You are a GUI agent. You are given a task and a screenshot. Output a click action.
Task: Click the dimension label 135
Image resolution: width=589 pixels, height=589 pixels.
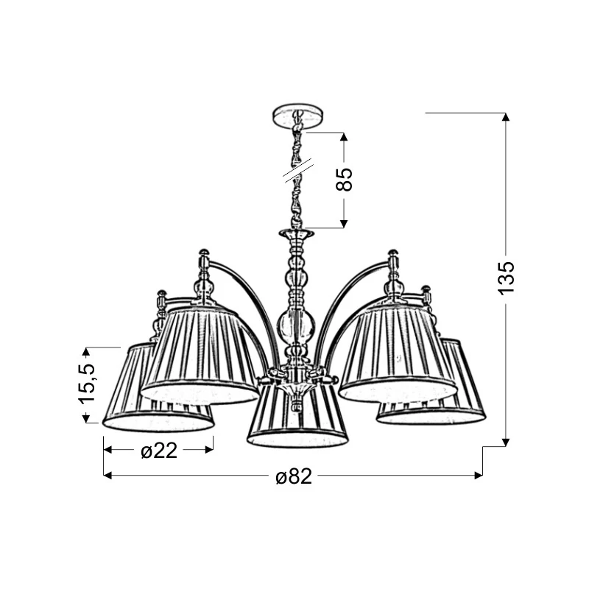pyautogui.click(x=506, y=278)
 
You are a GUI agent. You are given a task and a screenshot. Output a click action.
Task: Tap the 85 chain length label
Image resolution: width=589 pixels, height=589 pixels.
pyautogui.click(x=345, y=179)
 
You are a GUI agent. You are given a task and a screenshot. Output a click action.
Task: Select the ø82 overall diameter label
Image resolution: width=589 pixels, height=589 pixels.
pyautogui.click(x=294, y=476)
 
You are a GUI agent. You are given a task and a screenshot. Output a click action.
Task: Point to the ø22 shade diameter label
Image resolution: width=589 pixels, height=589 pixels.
pyautogui.click(x=159, y=450)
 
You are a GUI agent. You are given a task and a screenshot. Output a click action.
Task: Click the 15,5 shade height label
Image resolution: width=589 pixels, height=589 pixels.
pyautogui.click(x=86, y=383)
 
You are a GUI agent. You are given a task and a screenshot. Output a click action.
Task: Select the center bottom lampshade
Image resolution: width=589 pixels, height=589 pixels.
pyautogui.click(x=297, y=417)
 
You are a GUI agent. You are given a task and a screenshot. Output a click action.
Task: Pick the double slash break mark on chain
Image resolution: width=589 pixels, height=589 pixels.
pyautogui.click(x=299, y=171)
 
